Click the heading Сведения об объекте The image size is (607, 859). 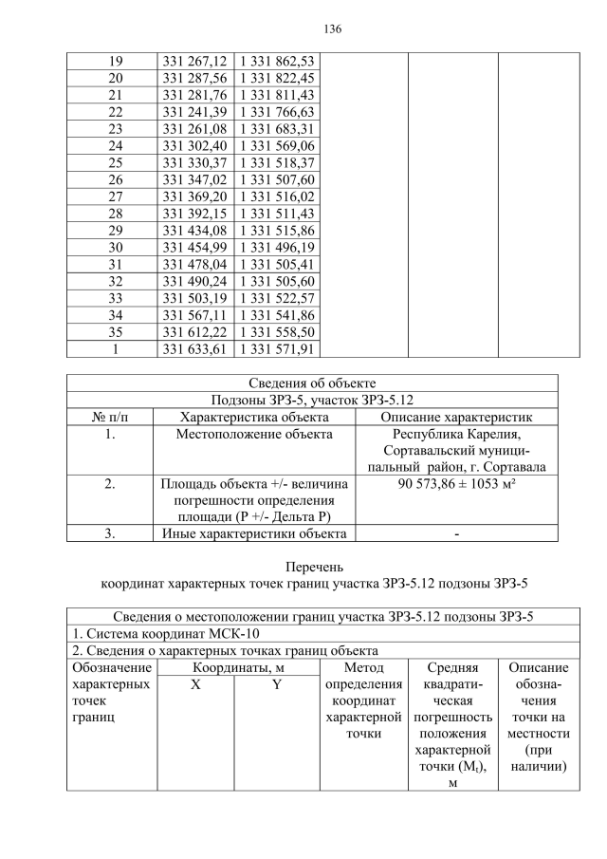pos(312,383)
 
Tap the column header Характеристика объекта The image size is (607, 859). pos(254,418)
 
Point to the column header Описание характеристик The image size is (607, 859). pos(456,418)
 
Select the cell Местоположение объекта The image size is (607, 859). pos(254,435)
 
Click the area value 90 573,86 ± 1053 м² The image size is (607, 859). pos(456,485)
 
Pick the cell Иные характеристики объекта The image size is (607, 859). pos(254,533)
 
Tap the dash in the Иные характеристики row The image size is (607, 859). pos(456,533)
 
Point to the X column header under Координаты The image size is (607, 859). pos(194,685)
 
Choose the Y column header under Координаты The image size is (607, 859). pos(276,685)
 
